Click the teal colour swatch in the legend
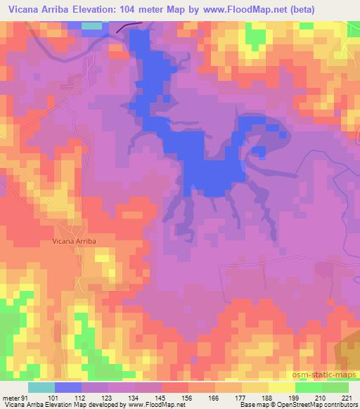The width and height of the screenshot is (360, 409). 41,387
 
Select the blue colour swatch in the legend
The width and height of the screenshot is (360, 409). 68,387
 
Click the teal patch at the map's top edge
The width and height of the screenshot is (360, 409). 91,25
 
